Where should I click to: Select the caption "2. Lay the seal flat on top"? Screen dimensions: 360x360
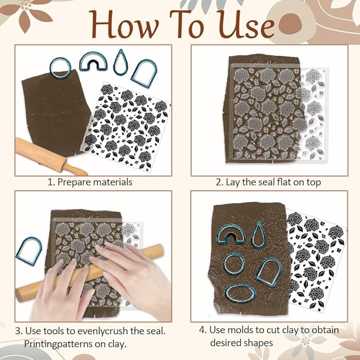click(268, 182)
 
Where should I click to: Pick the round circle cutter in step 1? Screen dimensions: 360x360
click(60, 66)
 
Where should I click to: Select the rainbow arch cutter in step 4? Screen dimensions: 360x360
click(232, 236)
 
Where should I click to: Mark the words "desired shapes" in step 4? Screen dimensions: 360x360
click(242, 343)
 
